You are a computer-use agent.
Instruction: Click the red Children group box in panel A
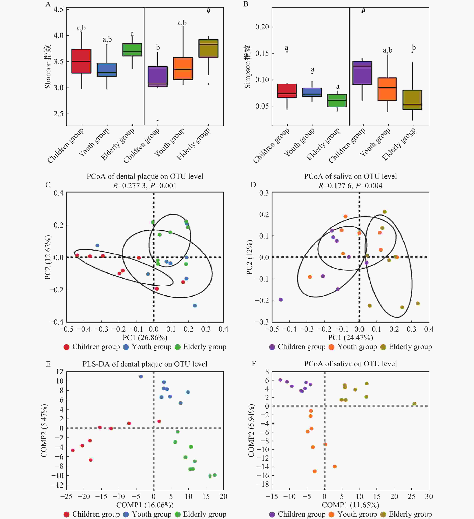[81, 61]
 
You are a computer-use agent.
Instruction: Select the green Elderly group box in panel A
[132, 50]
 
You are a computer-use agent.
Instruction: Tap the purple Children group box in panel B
[362, 73]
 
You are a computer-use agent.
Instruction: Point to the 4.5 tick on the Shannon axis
[59, 9]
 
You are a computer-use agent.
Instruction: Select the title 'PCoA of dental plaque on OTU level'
[145, 176]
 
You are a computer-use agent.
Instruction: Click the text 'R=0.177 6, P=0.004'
[350, 186]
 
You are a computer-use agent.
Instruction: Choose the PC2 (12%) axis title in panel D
[249, 257]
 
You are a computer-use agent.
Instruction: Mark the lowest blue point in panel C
[195, 306]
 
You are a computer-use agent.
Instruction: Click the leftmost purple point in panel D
[281, 299]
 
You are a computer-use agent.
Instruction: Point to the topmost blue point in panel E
[141, 376]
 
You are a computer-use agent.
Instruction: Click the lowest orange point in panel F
[314, 471]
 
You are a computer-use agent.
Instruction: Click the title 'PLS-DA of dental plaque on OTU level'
[145, 364]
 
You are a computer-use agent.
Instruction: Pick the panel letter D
[253, 185]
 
